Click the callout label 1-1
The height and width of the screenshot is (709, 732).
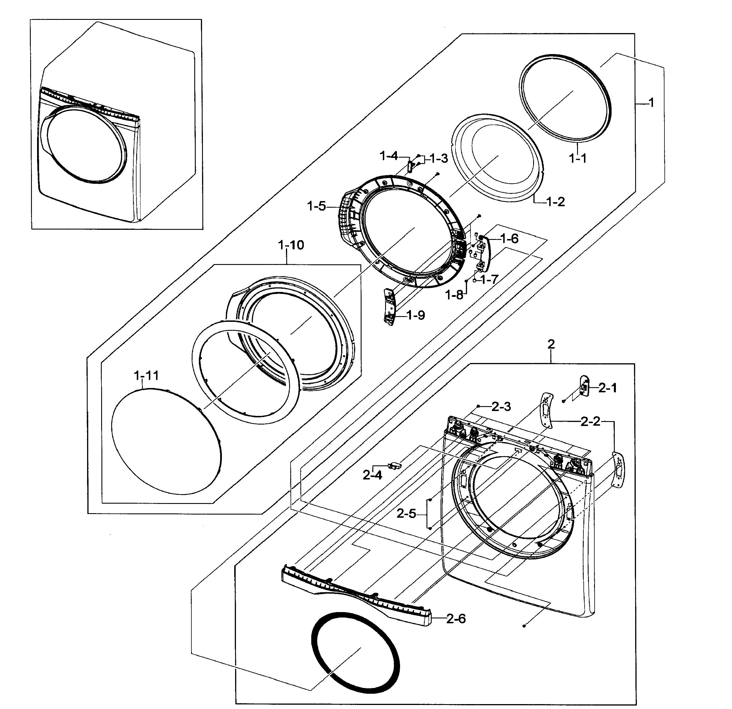(577, 158)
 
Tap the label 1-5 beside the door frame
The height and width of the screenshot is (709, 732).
(316, 206)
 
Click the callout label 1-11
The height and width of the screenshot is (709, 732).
(146, 375)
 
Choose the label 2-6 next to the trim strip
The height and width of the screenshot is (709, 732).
(456, 619)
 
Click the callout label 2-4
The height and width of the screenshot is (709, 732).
(372, 475)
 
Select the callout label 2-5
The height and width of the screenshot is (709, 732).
(406, 513)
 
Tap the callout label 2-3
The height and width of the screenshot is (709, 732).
(501, 406)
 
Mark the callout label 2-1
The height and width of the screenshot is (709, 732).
(608, 388)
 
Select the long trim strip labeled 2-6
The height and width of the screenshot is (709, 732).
(355, 594)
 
